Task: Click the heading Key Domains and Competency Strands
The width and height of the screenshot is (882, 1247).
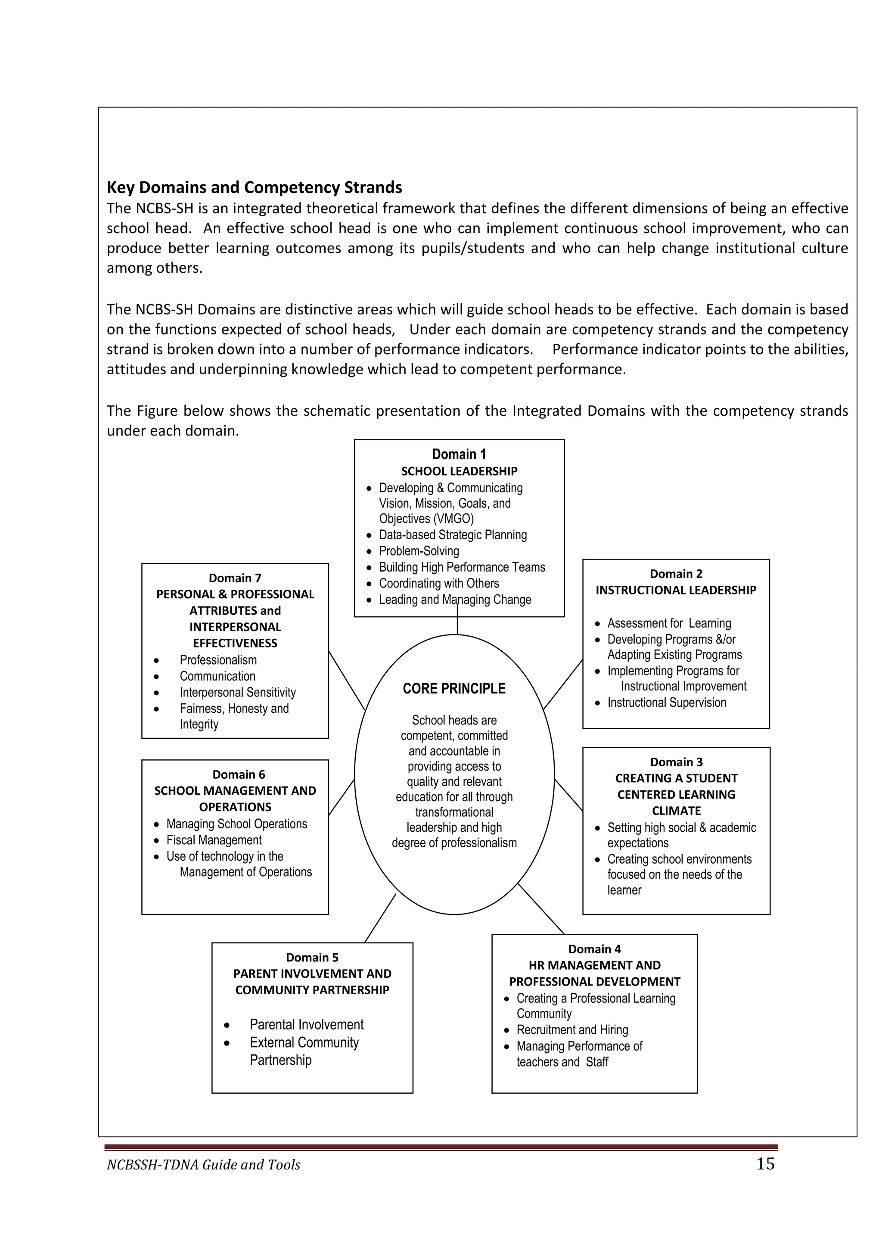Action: (x=254, y=188)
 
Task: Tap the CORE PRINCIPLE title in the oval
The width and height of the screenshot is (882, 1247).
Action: (x=454, y=689)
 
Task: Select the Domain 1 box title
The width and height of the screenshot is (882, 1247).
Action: (x=459, y=454)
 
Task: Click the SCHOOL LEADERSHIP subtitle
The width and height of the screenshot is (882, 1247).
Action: (x=459, y=471)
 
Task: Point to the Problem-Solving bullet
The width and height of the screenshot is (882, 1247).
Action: (x=419, y=551)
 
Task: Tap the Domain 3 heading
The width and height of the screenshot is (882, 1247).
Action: (x=676, y=762)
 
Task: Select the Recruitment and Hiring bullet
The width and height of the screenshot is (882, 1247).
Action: (x=572, y=1030)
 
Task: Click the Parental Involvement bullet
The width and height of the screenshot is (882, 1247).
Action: (x=306, y=1024)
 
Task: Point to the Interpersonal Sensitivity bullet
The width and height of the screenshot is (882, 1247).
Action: (x=237, y=693)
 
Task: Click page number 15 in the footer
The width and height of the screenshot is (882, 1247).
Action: (x=765, y=1164)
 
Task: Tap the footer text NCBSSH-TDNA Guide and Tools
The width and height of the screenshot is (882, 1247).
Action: (x=204, y=1165)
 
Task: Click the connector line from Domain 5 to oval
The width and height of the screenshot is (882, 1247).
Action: (x=380, y=918)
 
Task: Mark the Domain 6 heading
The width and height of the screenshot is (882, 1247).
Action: (x=239, y=774)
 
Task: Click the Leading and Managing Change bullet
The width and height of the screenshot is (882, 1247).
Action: (x=455, y=600)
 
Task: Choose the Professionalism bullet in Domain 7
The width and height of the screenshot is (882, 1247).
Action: (x=218, y=660)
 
